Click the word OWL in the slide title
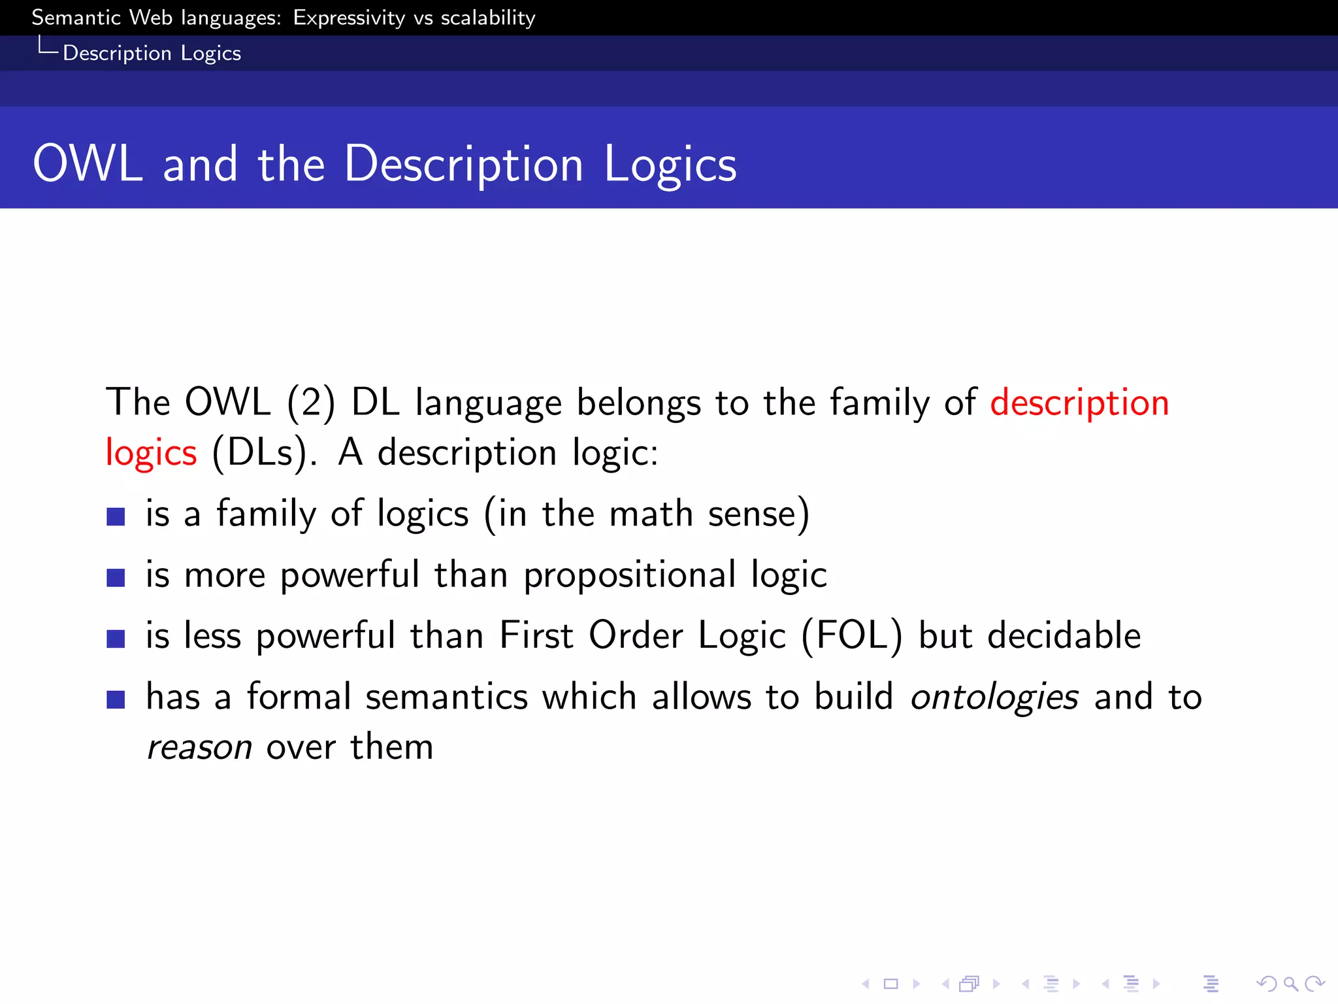pos(88,163)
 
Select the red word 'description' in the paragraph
pos(1079,403)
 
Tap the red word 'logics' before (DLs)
pos(151,453)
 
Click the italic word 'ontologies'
pos(994,697)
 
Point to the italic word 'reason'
pos(199,747)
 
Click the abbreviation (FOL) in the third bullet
pos(852,635)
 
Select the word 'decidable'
pos(1064,635)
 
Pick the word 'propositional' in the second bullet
pos(630,575)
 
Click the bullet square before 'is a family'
pos(116,516)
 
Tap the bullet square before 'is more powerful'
pos(116,577)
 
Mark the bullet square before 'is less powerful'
pos(116,638)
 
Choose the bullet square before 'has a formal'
pos(116,699)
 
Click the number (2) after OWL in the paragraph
pos(311,403)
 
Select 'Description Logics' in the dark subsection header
pos(152,53)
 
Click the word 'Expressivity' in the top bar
pos(349,18)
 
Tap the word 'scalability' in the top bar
pos(488,18)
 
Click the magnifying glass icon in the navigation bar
pos(1290,983)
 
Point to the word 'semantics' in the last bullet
pos(446,697)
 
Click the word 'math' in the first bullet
pos(651,514)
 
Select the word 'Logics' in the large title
pos(670,165)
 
